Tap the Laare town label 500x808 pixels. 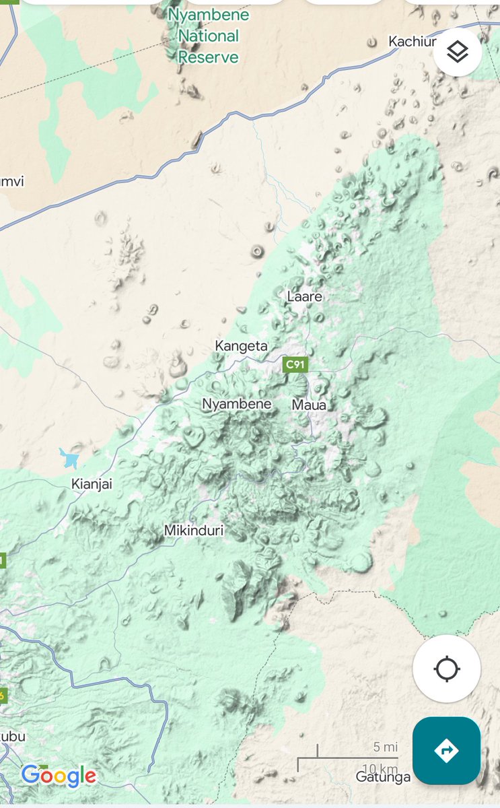[304, 296]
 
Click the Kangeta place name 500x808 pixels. [241, 346]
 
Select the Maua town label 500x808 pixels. [309, 405]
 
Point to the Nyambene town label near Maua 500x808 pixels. [237, 404]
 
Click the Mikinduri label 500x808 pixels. [194, 531]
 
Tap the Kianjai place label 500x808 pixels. [92, 483]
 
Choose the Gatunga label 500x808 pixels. [383, 777]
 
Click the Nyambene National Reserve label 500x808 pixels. [209, 36]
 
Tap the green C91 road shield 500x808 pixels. [294, 365]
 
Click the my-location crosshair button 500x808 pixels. [447, 669]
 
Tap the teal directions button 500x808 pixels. [446, 750]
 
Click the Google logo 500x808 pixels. [59, 776]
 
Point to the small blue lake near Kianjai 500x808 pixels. [70, 459]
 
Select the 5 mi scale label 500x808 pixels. [386, 747]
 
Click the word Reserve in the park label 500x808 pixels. [209, 57]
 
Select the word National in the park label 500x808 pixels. [209, 36]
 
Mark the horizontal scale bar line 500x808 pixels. [348, 758]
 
